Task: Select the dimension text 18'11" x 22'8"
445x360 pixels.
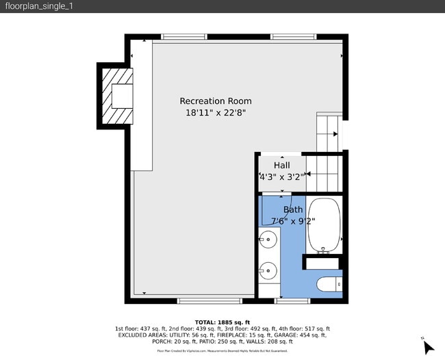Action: (216, 114)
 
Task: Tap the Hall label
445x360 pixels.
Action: (281, 166)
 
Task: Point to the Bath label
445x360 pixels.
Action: (293, 209)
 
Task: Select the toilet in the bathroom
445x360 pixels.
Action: (329, 283)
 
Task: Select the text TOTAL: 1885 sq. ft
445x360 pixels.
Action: (222, 322)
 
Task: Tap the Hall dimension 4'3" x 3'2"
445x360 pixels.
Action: (281, 177)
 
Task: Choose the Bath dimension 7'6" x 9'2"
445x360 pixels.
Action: (288, 221)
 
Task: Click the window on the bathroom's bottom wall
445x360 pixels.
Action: (288, 300)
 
